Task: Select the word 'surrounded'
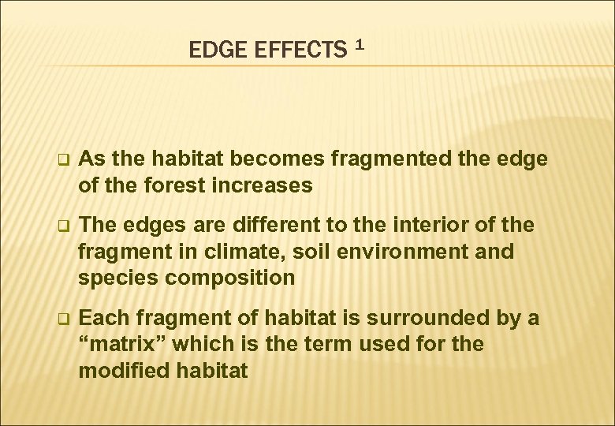[x=416, y=317]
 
